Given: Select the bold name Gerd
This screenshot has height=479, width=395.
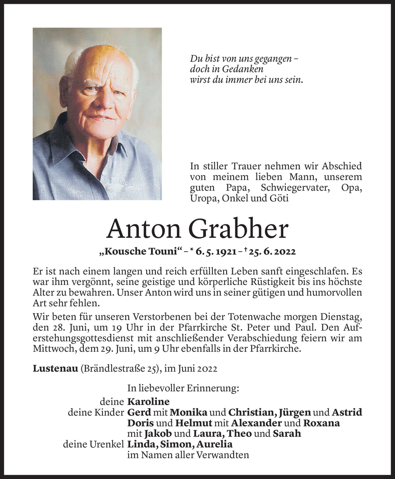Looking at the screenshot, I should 139,413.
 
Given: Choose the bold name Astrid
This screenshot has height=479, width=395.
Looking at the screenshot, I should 347,413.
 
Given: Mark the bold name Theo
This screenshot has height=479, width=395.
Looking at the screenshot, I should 239,434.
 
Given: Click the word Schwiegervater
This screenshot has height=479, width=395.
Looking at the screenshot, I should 295,188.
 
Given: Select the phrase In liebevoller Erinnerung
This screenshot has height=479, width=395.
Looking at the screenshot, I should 183,388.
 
